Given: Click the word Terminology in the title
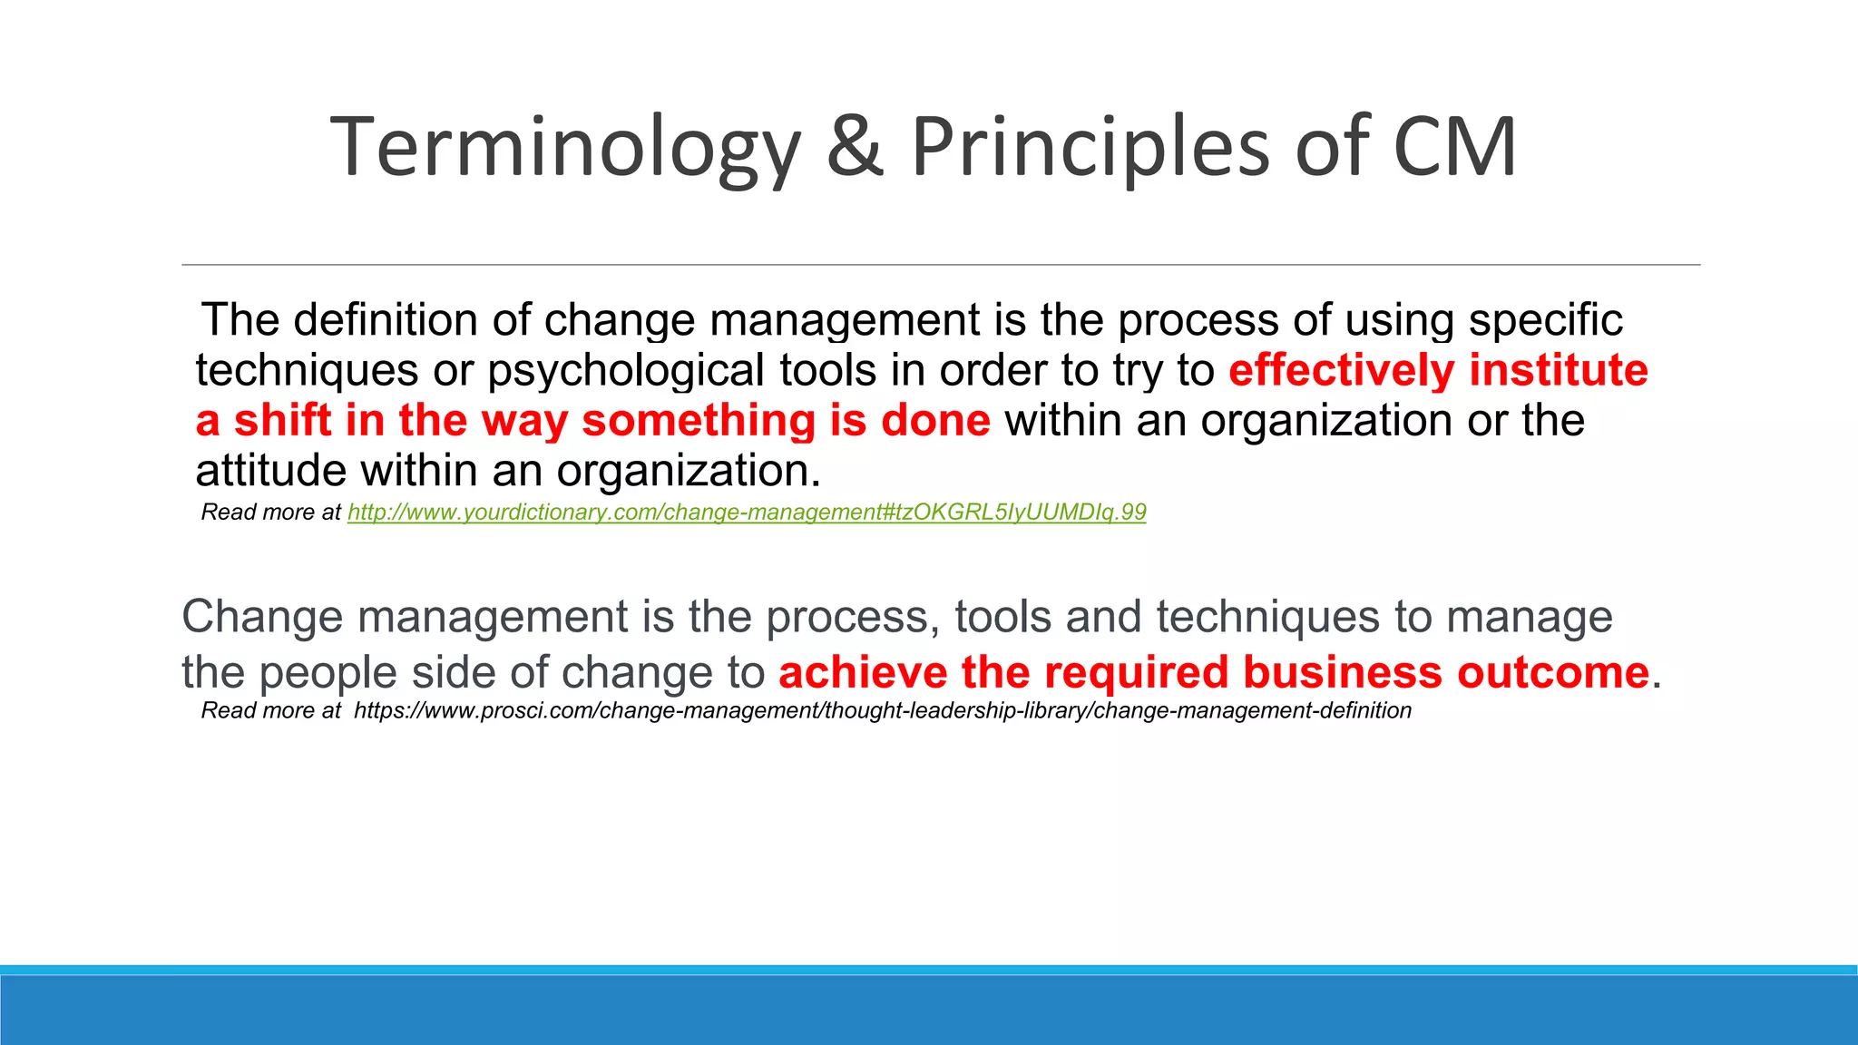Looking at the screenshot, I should pos(566,147).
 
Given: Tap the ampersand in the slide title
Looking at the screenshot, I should pos(855,147).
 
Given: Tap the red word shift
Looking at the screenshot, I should pos(282,421).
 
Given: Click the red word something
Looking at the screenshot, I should pos(698,421).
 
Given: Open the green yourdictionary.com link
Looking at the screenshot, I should pos(746,513).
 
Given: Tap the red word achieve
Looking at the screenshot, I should pos(863,673).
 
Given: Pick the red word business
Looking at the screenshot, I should pos(1342,673).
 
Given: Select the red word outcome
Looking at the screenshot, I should pos(1552,673).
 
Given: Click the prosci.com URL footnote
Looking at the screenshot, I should pos(882,710).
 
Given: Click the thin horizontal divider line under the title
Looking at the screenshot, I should pos(941,265).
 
